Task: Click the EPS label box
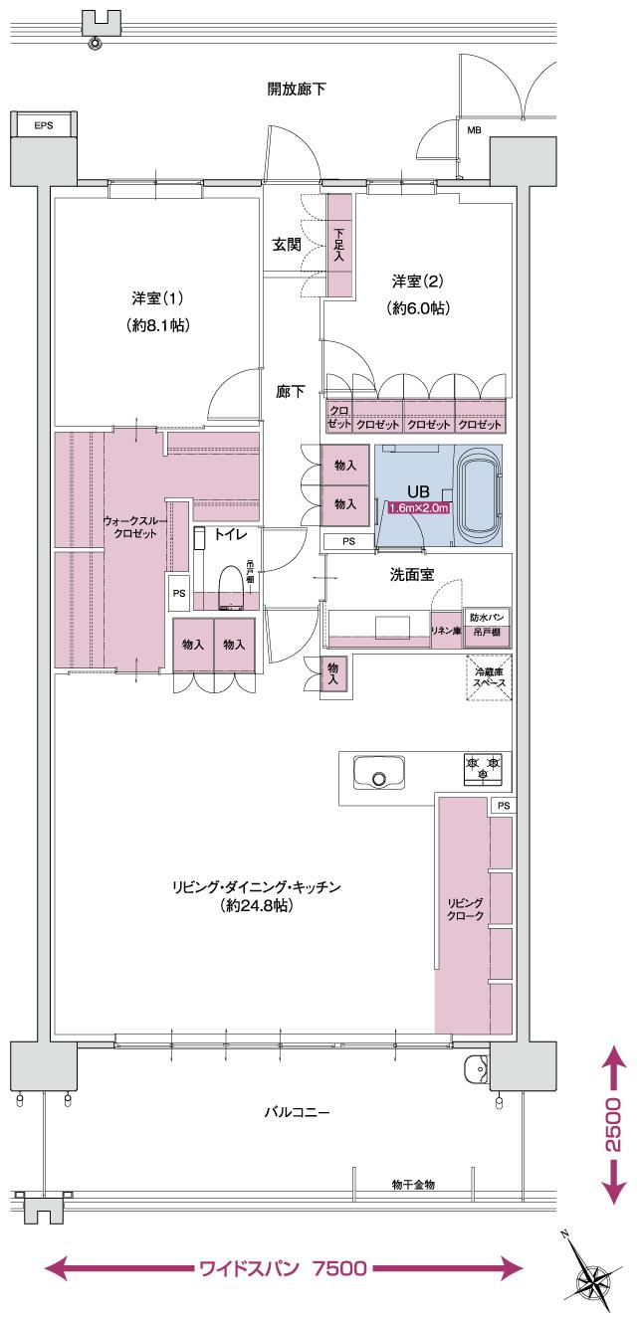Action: pos(45,125)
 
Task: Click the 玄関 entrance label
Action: pos(287,245)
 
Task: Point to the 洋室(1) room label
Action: pos(157,297)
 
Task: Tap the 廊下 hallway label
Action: pos(291,392)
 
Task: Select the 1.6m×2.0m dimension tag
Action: pos(419,508)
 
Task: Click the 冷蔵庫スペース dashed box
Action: pos(489,677)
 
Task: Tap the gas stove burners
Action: pos(483,768)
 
